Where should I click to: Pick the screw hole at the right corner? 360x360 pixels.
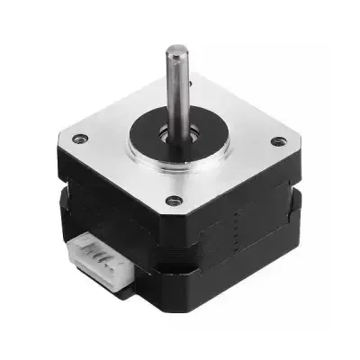[x=278, y=141]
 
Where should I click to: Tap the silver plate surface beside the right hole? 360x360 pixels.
[x=256, y=144]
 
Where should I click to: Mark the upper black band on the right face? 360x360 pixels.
[x=243, y=193]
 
